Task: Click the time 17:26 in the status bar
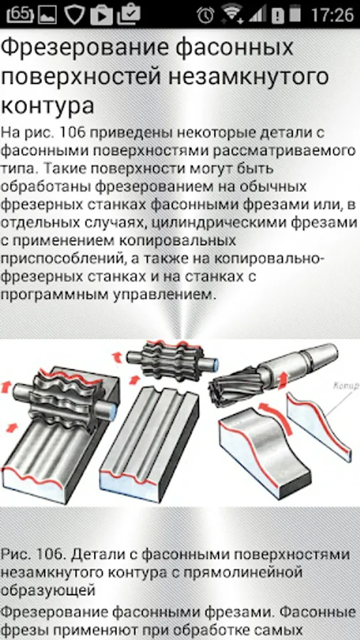pyautogui.click(x=332, y=15)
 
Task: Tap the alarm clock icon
pyautogui.click(x=206, y=15)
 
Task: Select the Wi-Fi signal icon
pyautogui.click(x=231, y=14)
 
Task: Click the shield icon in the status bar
pyautogui.click(x=74, y=14)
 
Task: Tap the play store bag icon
pyautogui.click(x=101, y=14)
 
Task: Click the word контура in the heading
pyautogui.click(x=48, y=105)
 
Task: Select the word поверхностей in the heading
pyautogui.click(x=80, y=77)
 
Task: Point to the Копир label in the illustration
pyautogui.click(x=346, y=385)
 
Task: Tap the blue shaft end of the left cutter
pyautogui.click(x=112, y=411)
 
